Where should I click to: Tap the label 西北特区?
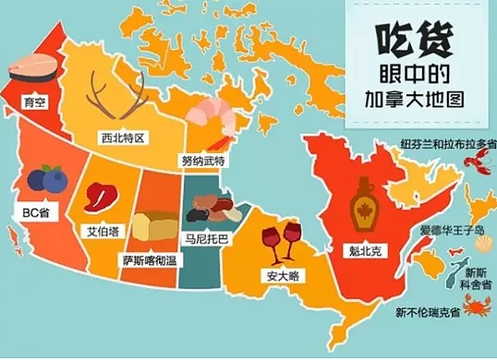coord(125,139)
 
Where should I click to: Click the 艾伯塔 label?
coord(103,232)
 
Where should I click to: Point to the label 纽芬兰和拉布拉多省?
coord(442,145)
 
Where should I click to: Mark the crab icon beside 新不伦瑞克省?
coord(478,306)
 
